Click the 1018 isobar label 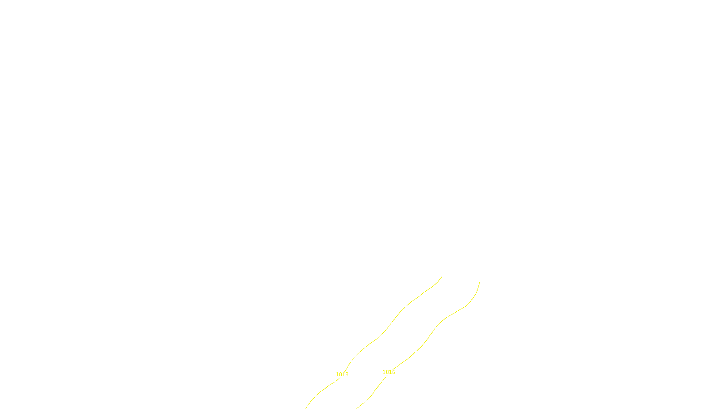tap(342, 374)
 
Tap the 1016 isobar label tap(389, 372)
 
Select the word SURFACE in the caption tap(363, 401)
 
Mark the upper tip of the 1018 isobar tap(442, 276)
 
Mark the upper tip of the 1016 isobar tap(480, 281)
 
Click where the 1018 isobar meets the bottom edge tap(306, 408)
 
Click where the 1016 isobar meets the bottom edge tap(358, 408)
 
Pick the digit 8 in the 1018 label tap(347, 374)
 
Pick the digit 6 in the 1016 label tap(393, 372)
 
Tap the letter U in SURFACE tap(357, 401)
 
